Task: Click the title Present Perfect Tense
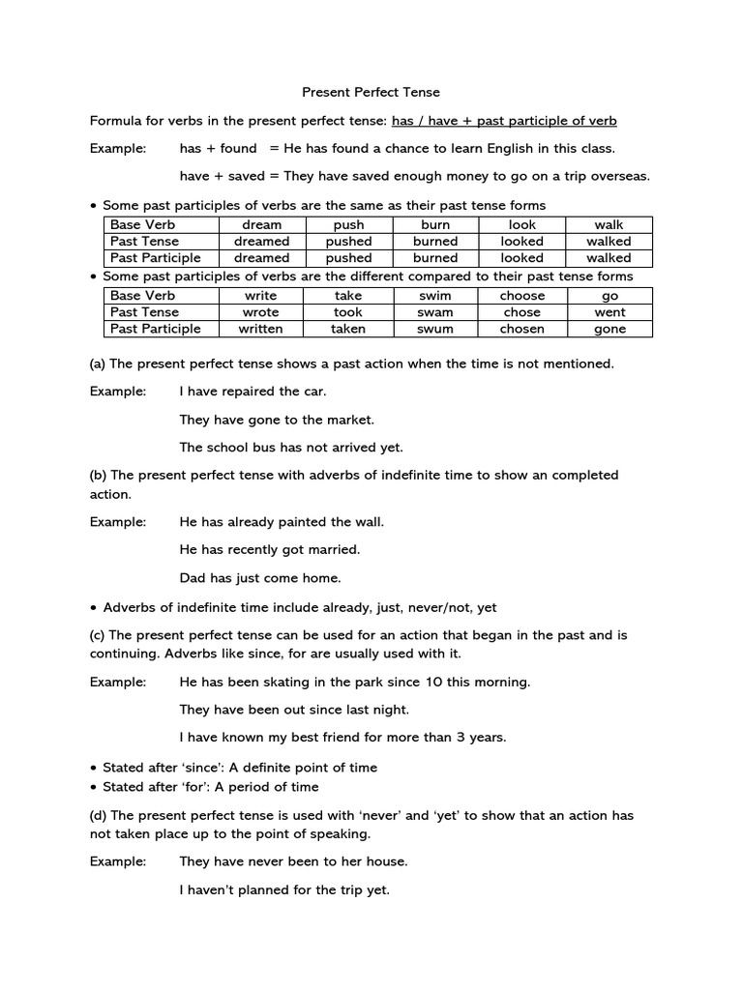pyautogui.click(x=371, y=93)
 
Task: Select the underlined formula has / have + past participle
pyautogui.click(x=503, y=121)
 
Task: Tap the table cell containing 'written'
pyautogui.click(x=261, y=329)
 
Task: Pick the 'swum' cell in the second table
pyautogui.click(x=435, y=329)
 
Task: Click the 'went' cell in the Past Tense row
pyautogui.click(x=609, y=312)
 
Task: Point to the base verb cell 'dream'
pyautogui.click(x=261, y=224)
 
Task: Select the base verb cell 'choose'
pyautogui.click(x=522, y=296)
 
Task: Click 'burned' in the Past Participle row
pyautogui.click(x=435, y=258)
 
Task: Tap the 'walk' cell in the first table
pyautogui.click(x=609, y=224)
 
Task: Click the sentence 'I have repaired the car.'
pyautogui.click(x=253, y=392)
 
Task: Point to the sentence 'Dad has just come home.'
pyautogui.click(x=260, y=578)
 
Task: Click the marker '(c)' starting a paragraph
pyautogui.click(x=98, y=635)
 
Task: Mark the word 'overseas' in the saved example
pyautogui.click(x=620, y=176)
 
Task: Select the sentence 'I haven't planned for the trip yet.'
pyautogui.click(x=284, y=889)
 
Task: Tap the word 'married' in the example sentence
pyautogui.click(x=333, y=549)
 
